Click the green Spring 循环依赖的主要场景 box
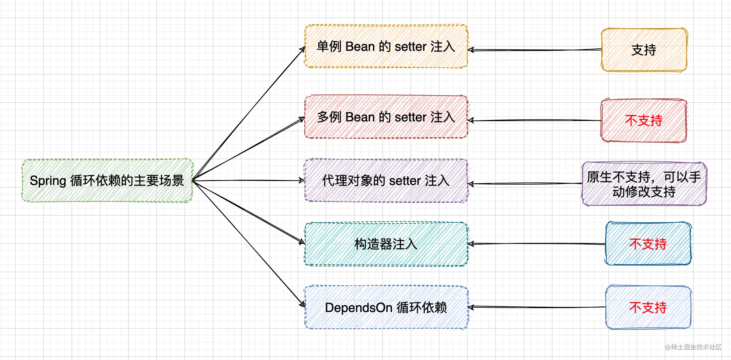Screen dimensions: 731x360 click(x=107, y=180)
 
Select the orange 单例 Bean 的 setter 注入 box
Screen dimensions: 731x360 click(x=386, y=46)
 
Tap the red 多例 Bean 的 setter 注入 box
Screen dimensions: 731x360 click(x=386, y=117)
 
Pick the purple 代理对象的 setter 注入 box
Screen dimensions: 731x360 click(x=386, y=180)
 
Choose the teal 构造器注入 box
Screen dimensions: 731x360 click(x=386, y=244)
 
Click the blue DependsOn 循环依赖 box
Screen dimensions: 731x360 click(x=386, y=307)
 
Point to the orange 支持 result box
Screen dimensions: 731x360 click(x=644, y=50)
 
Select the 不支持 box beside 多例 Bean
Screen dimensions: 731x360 click(x=644, y=120)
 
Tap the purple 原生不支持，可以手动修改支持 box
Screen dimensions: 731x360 click(x=644, y=184)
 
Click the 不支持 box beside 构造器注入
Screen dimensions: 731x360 click(x=648, y=244)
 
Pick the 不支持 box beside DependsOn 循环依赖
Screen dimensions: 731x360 click(x=648, y=307)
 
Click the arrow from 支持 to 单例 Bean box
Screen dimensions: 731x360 click(x=535, y=50)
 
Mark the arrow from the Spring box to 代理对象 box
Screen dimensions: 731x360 click(x=249, y=180)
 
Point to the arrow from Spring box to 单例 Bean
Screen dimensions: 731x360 click(x=249, y=113)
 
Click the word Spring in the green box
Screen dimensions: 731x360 click(x=48, y=181)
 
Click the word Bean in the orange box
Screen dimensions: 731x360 click(x=360, y=46)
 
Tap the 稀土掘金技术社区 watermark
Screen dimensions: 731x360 click(x=693, y=347)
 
